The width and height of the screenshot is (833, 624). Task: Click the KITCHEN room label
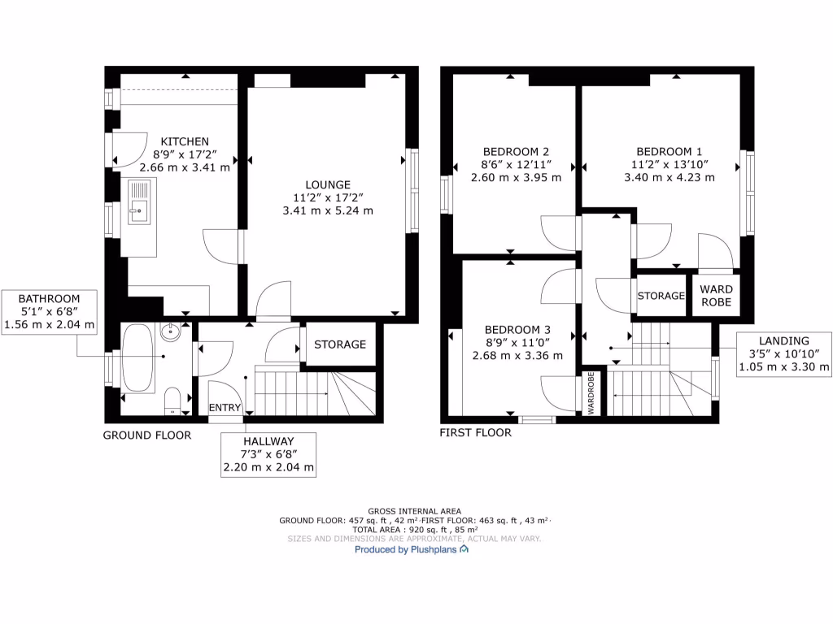tap(185, 141)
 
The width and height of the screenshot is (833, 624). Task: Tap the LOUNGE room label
tap(328, 184)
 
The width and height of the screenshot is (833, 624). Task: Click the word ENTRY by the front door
tap(225, 407)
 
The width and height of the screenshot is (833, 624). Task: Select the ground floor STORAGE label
tap(340, 344)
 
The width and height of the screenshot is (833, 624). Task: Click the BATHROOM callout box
tap(50, 312)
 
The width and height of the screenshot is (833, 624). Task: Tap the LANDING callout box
tap(784, 354)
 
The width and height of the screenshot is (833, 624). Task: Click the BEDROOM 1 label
tap(669, 151)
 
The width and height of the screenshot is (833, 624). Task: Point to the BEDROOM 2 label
tap(516, 151)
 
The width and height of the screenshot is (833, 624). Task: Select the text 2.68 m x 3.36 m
tap(517, 355)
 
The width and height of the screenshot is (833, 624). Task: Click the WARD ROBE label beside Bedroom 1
tap(716, 296)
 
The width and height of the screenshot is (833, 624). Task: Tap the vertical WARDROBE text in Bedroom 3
tap(591, 395)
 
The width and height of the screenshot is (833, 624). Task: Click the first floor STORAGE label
tap(661, 296)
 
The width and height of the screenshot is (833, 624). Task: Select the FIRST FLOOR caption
tap(476, 433)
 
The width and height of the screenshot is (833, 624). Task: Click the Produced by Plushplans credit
tap(412, 550)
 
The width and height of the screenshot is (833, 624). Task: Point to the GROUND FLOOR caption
tap(147, 435)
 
